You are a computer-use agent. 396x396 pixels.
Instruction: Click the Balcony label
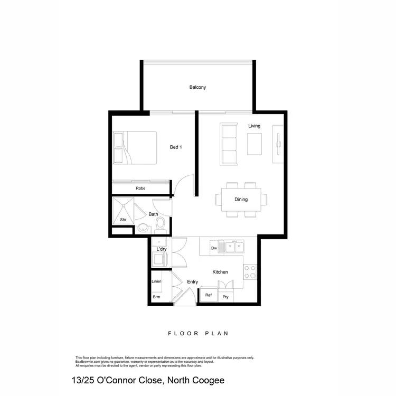click(x=197, y=87)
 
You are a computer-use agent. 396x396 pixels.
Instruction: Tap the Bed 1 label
click(x=176, y=147)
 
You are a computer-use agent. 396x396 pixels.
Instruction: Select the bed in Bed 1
click(x=135, y=148)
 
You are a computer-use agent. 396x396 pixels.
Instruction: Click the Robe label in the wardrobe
click(x=140, y=188)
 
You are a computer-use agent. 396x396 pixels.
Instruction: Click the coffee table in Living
click(x=254, y=144)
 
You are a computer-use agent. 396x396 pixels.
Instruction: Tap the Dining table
click(x=241, y=200)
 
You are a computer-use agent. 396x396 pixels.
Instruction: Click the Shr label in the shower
click(x=123, y=219)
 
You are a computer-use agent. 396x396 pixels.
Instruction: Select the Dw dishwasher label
click(x=214, y=248)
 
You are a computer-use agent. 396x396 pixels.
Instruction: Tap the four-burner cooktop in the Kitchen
click(x=250, y=272)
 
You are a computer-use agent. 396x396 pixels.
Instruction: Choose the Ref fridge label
click(x=209, y=295)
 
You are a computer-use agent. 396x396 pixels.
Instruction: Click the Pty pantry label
click(x=226, y=297)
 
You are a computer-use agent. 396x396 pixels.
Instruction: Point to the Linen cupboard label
click(x=156, y=281)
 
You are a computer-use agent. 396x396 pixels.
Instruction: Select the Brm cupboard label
click(x=156, y=297)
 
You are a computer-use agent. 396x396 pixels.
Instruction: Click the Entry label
click(x=193, y=282)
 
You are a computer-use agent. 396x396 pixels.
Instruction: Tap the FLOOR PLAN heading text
click(x=197, y=333)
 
